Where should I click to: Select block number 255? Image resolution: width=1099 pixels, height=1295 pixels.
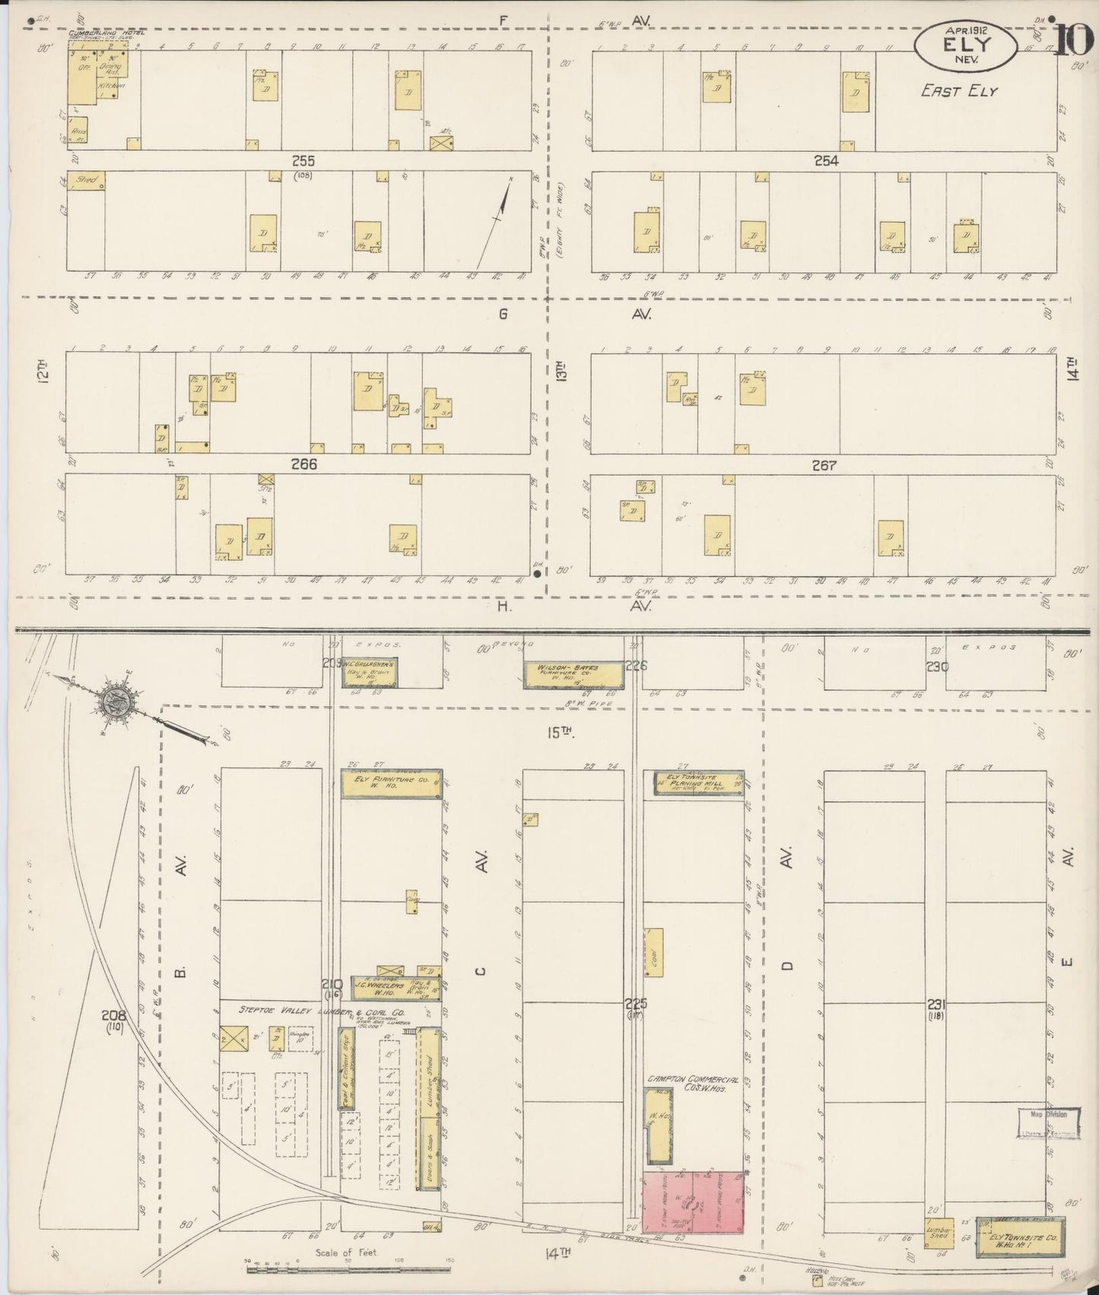click(x=303, y=161)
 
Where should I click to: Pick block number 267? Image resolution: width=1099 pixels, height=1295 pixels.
click(x=824, y=466)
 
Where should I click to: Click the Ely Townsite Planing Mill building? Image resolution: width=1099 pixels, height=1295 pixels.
click(x=699, y=784)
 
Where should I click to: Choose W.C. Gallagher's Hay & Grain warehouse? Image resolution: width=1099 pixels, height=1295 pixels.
click(x=371, y=672)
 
